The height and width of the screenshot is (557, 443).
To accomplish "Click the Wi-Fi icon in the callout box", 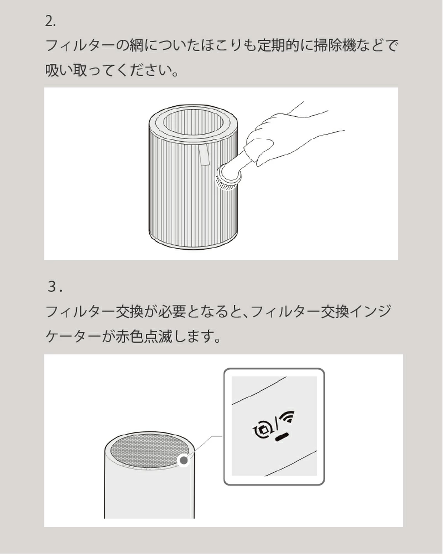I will click(288, 416).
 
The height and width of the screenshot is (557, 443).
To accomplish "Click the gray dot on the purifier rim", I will click(184, 460).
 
